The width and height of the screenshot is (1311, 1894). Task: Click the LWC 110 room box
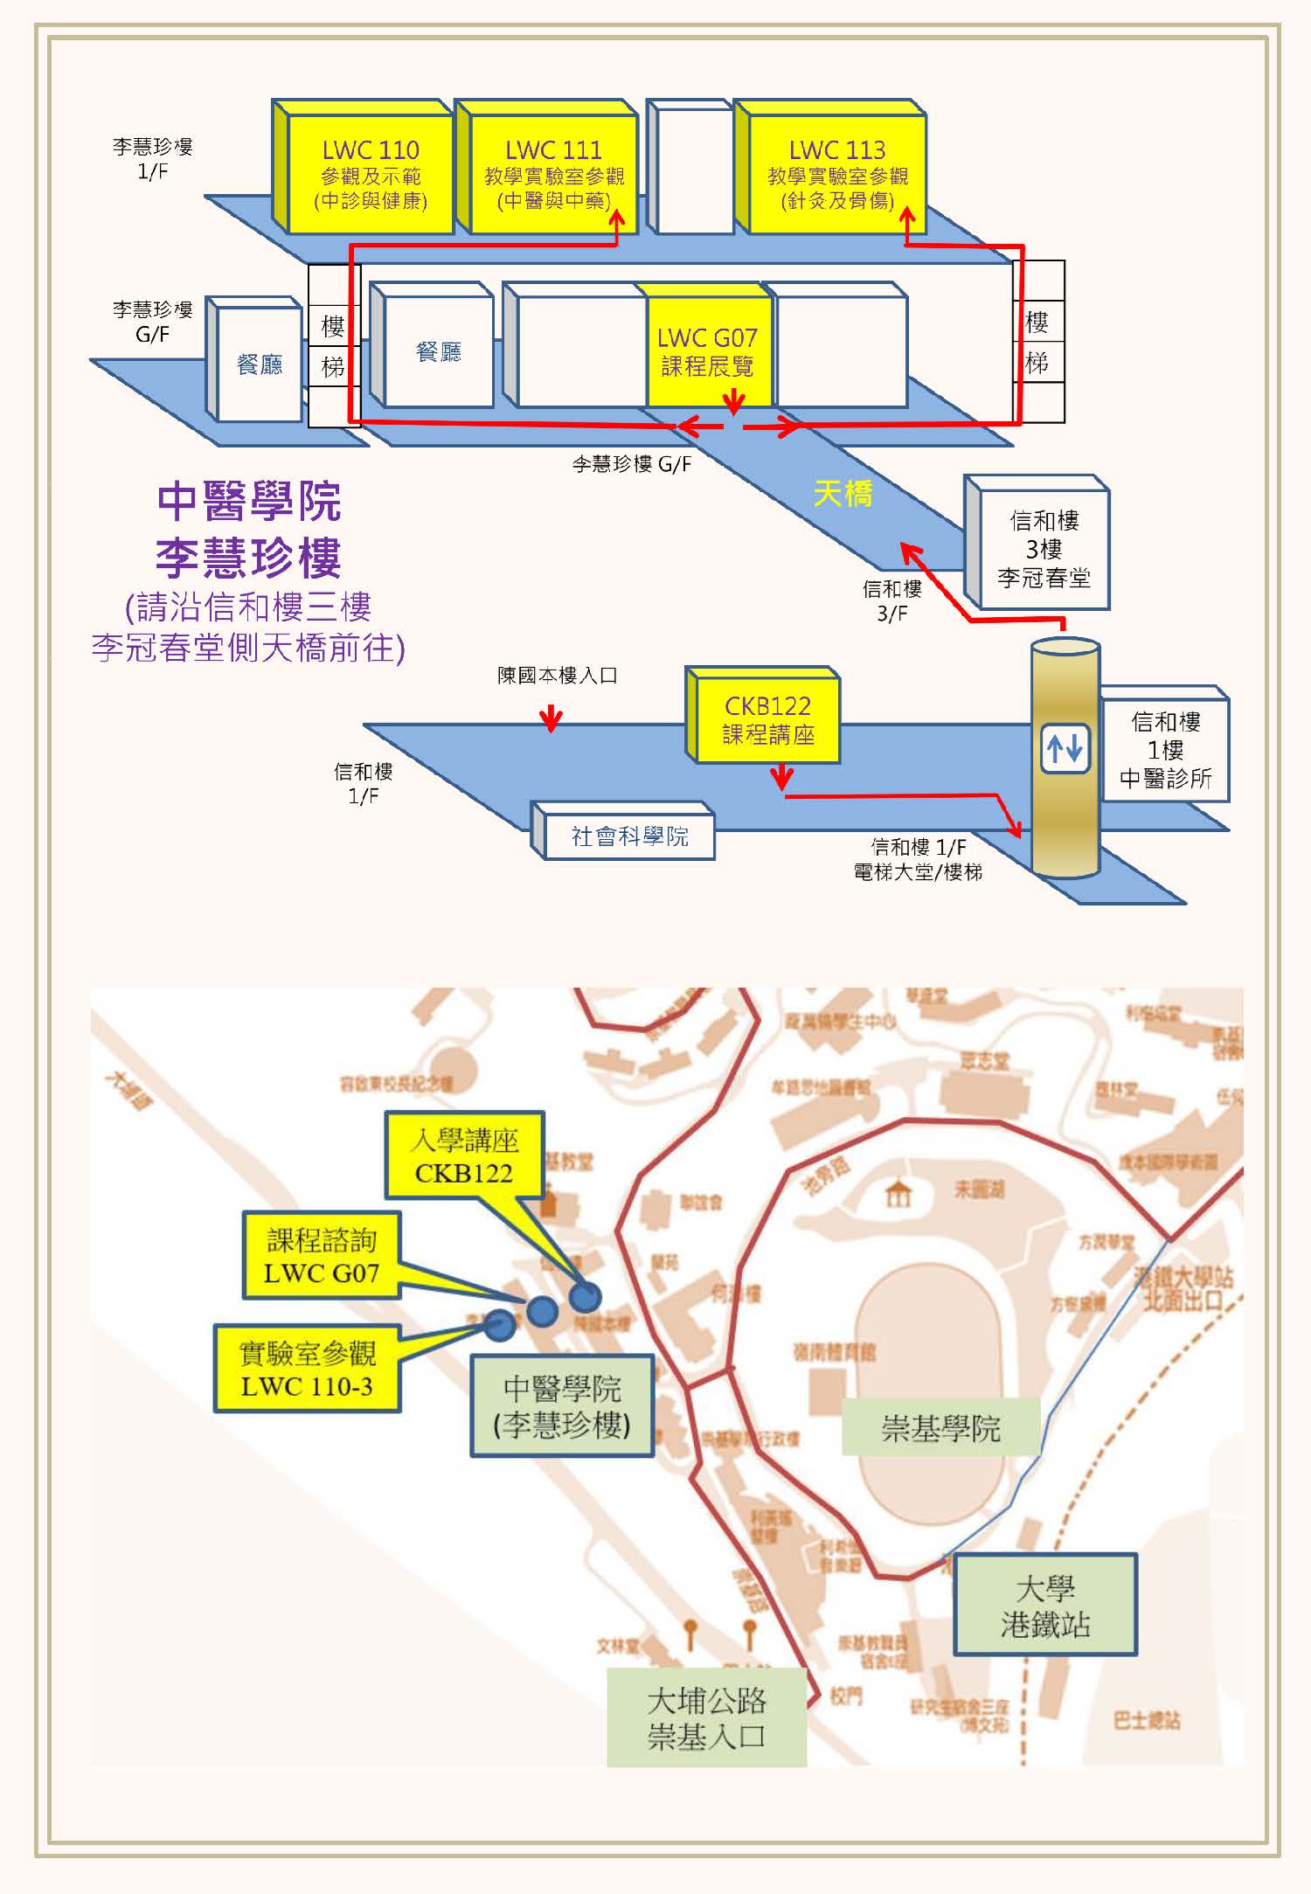[x=371, y=174]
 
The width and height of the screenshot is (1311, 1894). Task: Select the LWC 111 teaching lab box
[x=554, y=174]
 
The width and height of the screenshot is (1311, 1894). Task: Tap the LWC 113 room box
[x=836, y=174]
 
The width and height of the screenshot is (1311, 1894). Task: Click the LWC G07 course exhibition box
[x=707, y=351]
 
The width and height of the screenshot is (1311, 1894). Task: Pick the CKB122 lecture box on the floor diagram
[x=767, y=719]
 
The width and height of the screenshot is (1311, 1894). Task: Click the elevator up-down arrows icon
[x=1065, y=748]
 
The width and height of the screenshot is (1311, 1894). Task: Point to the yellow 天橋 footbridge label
[x=843, y=494]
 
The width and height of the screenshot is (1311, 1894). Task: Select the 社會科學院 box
[x=629, y=836]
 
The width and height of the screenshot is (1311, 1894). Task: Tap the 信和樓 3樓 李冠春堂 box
[x=1044, y=549]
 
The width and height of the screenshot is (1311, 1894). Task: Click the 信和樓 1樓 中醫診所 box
[x=1165, y=750]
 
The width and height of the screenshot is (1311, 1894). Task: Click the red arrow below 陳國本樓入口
[x=551, y=718]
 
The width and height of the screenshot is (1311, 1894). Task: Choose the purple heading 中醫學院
[x=249, y=502]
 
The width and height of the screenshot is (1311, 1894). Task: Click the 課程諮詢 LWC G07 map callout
[x=321, y=1256]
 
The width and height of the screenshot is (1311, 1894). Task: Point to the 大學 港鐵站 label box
[x=1044, y=1606]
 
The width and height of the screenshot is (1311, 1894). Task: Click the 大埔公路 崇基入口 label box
[x=706, y=1717]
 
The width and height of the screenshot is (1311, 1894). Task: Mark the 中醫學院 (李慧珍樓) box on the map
[x=562, y=1405]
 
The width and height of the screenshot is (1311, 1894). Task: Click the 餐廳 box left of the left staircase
[x=260, y=364]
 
